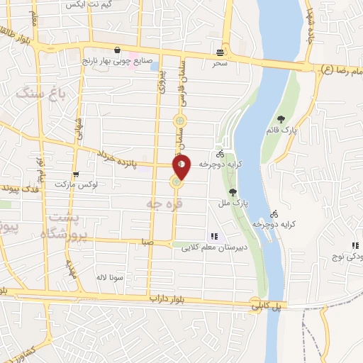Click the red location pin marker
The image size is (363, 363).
[182, 167]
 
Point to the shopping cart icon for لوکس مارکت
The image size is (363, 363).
[75, 174]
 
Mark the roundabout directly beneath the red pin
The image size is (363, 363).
[175, 184]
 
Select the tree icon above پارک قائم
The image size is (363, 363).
[281, 119]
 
